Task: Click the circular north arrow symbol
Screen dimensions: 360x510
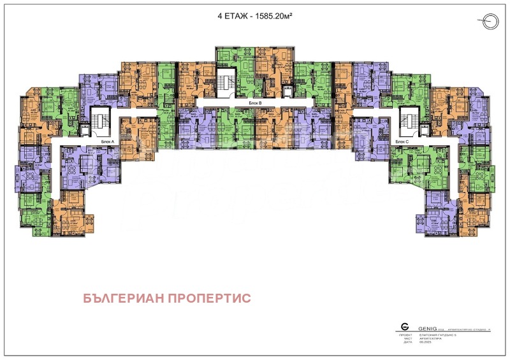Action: coord(488,21)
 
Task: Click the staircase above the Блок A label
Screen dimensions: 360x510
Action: coord(99,121)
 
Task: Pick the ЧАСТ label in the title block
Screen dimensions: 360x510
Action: coord(404,338)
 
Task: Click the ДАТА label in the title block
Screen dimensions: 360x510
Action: coord(404,342)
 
